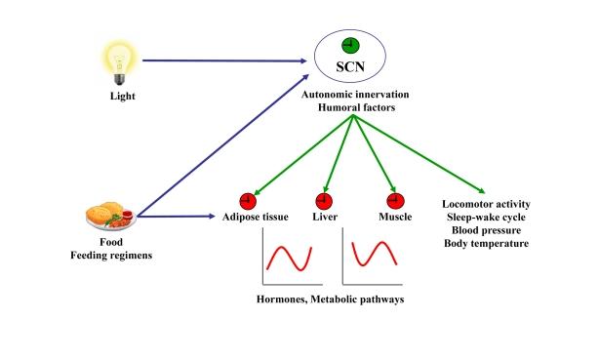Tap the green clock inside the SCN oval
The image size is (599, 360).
coord(349,45)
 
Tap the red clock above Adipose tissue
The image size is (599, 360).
coord(246,200)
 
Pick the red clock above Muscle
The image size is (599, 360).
coord(394,200)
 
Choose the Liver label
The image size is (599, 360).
coord(325,217)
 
